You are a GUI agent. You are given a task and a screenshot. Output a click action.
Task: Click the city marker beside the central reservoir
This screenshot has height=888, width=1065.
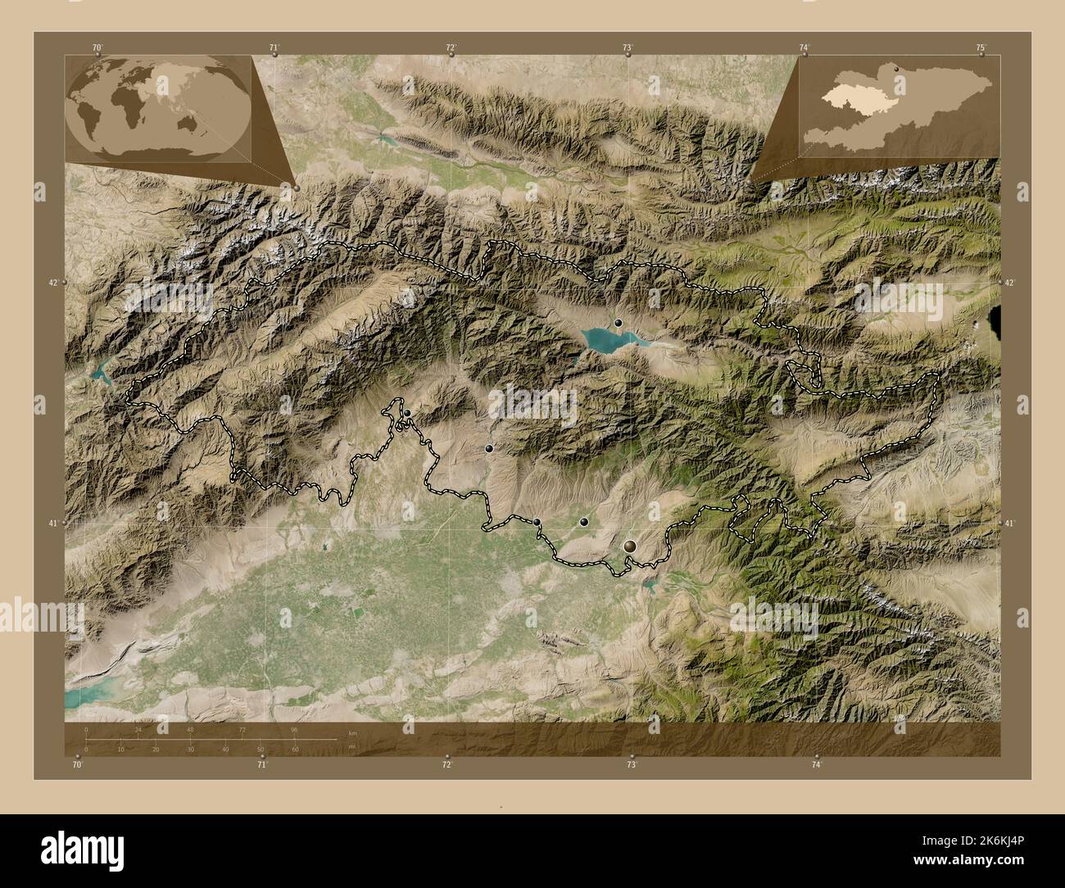pos(619,323)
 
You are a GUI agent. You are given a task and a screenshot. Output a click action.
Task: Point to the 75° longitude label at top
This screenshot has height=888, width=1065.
pos(981,48)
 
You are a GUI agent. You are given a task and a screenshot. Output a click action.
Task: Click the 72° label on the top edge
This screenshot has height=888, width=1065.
pos(451,48)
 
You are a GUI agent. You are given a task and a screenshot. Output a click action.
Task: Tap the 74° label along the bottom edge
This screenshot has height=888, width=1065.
pos(816,764)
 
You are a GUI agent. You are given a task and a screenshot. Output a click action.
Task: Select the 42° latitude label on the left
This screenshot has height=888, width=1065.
pos(52,283)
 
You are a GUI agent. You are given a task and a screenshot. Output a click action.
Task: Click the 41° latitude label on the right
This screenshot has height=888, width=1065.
pos(1009,523)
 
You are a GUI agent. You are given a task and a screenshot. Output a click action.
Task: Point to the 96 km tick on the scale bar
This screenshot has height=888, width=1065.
pos(294,729)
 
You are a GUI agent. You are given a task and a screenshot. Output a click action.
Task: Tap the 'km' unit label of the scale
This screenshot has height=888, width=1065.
pos(352,732)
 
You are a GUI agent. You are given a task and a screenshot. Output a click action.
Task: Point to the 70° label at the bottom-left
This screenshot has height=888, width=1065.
pos(77,764)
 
